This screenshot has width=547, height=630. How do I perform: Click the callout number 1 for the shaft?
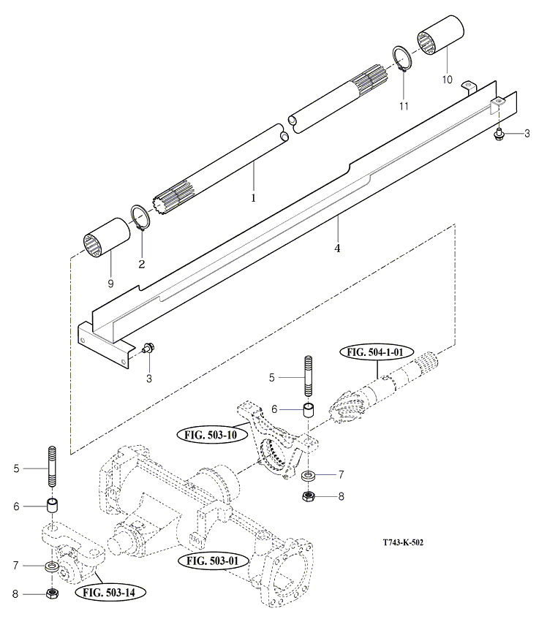click(x=254, y=197)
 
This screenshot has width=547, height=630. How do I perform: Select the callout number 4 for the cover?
click(x=337, y=248)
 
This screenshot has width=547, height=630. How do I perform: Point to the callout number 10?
click(x=447, y=78)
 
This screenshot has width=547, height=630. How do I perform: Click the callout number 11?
click(x=404, y=106)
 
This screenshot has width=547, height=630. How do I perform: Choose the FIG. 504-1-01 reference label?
click(x=376, y=352)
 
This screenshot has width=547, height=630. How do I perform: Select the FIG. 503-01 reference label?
click(x=214, y=561)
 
